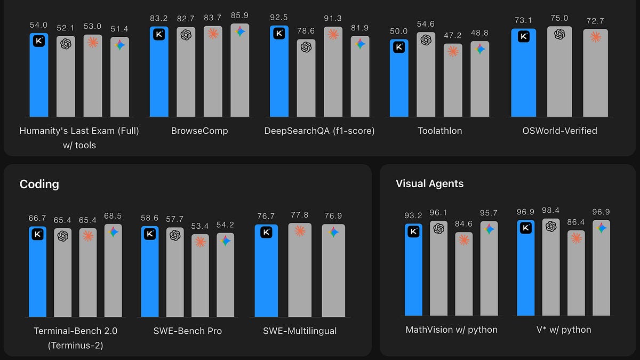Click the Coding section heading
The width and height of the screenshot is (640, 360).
(x=39, y=184)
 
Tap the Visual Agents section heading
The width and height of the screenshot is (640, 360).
(x=429, y=183)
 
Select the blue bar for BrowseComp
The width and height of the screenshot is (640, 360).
(x=159, y=75)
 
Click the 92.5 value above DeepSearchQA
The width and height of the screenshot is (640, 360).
(x=279, y=17)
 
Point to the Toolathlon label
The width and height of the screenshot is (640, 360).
(x=439, y=131)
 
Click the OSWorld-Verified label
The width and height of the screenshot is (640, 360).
(x=559, y=131)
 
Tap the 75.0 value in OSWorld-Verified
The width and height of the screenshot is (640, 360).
(x=559, y=18)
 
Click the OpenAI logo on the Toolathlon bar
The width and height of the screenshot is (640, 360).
(x=426, y=40)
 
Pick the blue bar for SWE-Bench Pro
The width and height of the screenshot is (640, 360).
(x=150, y=275)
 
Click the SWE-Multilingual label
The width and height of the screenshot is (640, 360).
(x=300, y=331)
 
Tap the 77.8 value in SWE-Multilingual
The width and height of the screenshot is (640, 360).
(x=300, y=215)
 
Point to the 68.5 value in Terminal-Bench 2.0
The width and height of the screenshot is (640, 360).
(x=113, y=216)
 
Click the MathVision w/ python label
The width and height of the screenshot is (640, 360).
(x=451, y=330)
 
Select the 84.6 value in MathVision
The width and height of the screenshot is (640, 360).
(x=464, y=223)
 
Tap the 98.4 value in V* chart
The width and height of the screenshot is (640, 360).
(x=551, y=210)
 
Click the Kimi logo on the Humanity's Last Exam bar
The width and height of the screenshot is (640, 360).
(x=39, y=42)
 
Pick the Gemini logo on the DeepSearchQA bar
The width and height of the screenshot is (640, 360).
(x=360, y=44)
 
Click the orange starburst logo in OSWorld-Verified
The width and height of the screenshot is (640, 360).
(x=595, y=37)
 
